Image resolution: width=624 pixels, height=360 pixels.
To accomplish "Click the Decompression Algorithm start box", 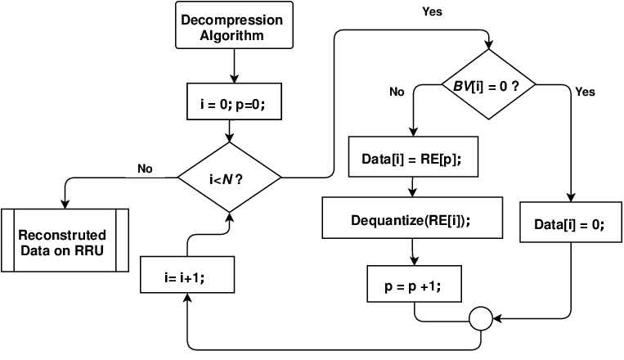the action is point(235,25).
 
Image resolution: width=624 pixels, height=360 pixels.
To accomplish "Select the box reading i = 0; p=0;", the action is point(235,101).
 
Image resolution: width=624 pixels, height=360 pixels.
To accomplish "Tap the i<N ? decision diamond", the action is point(229,178).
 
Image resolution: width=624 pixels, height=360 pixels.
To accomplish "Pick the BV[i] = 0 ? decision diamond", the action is point(489,84).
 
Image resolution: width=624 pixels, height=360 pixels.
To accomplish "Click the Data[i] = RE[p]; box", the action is point(414,157).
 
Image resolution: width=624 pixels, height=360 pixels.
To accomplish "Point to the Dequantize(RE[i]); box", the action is point(412,218).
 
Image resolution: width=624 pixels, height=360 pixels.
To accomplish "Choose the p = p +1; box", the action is point(415,284).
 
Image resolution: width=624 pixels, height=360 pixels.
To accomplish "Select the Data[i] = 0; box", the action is point(571,223).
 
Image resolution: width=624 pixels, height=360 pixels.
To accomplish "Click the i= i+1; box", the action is point(187,275).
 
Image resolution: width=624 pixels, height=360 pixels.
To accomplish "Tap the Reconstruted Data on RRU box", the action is point(65,241).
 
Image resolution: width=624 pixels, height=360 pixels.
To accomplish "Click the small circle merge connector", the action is point(481,318).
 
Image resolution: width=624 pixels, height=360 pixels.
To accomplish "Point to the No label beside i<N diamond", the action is point(145,169).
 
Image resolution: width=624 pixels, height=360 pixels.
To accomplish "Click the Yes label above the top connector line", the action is point(432,11).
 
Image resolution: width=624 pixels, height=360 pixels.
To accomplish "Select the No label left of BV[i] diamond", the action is point(397,92).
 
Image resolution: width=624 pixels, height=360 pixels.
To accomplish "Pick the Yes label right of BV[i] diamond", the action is point(585,92).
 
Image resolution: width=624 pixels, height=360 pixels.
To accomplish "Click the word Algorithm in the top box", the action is point(231,35).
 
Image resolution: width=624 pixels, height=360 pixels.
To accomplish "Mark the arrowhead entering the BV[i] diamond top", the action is point(489,45).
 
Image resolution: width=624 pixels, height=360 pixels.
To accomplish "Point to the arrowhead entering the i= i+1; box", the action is point(187,298).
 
